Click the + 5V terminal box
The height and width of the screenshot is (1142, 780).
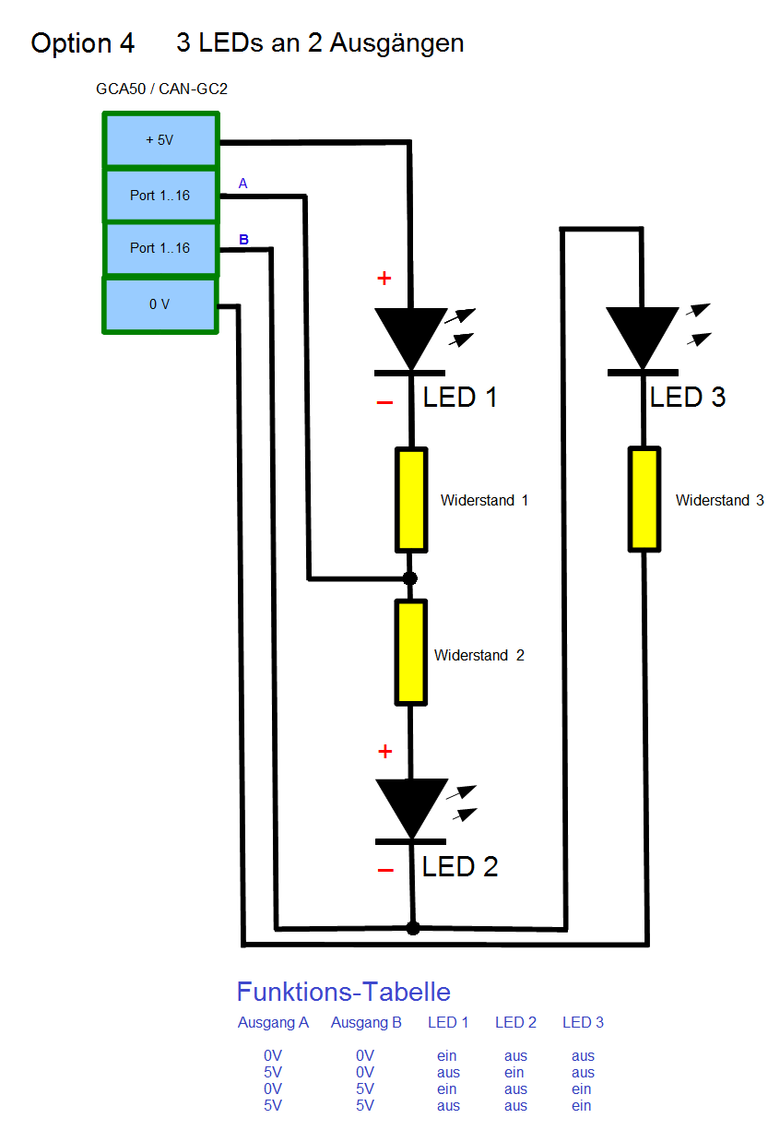pyautogui.click(x=160, y=140)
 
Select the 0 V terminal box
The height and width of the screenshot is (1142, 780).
pyautogui.click(x=160, y=304)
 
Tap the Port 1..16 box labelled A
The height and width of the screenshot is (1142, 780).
pyautogui.click(x=160, y=196)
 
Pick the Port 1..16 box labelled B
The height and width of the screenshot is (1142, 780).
pyautogui.click(x=160, y=248)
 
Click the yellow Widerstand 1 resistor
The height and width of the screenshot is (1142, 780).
pyautogui.click(x=411, y=500)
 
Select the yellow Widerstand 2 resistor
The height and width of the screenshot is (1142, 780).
pyautogui.click(x=411, y=651)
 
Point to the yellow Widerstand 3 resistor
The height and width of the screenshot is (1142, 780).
pyautogui.click(x=644, y=499)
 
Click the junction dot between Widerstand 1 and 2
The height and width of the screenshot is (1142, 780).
pyautogui.click(x=411, y=578)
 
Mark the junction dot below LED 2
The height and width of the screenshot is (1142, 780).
pyautogui.click(x=413, y=927)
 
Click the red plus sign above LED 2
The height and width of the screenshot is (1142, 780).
pyautogui.click(x=385, y=752)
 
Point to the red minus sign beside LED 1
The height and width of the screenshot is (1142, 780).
pyautogui.click(x=385, y=403)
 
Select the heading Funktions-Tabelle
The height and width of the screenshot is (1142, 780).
pyautogui.click(x=344, y=992)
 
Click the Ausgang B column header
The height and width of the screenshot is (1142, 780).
pyautogui.click(x=366, y=1022)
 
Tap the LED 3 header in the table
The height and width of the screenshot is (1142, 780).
pyautogui.click(x=583, y=1022)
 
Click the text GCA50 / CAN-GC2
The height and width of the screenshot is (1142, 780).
pyautogui.click(x=161, y=89)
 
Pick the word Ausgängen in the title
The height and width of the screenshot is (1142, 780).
pyautogui.click(x=396, y=42)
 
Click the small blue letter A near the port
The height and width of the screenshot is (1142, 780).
pyautogui.click(x=242, y=184)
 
